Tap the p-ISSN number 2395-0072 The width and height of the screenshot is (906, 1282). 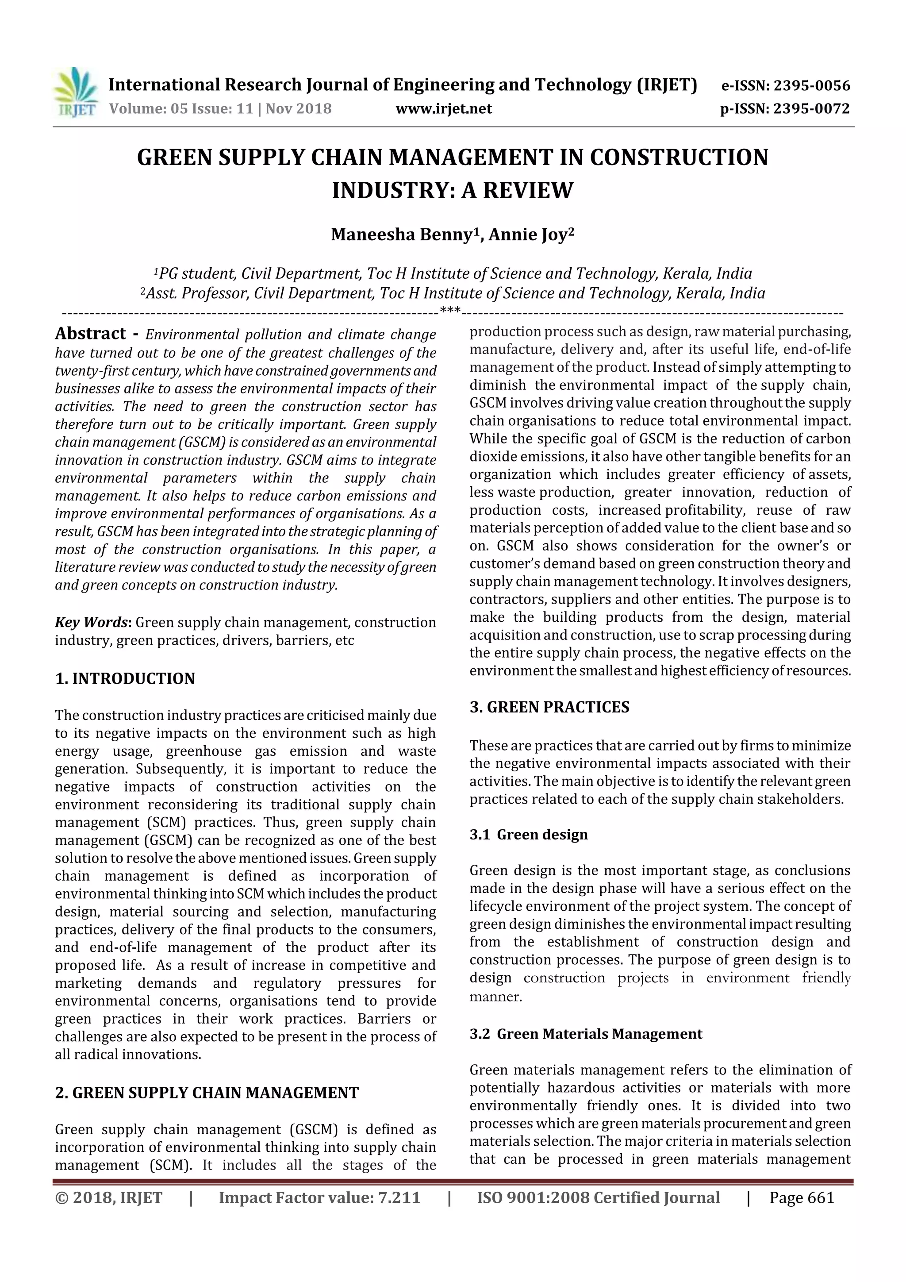point(811,109)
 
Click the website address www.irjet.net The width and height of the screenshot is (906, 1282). point(444,109)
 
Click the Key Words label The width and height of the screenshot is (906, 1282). point(92,622)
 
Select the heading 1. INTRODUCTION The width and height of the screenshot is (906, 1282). point(125,678)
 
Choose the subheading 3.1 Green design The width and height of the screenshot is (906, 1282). point(529,834)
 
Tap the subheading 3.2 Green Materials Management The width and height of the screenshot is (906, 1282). point(586,1034)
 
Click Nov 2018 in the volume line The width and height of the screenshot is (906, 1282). point(299,109)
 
